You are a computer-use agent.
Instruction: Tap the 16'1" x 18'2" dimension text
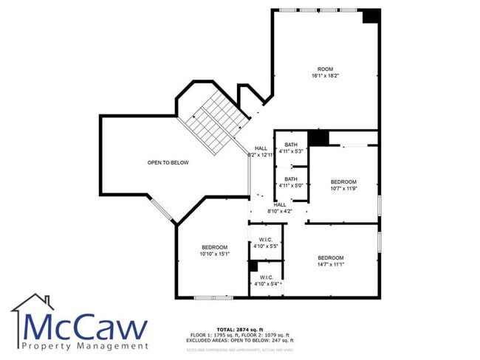(326, 75)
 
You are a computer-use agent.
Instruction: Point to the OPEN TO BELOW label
(168, 162)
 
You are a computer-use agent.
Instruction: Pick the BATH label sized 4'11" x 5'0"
(291, 179)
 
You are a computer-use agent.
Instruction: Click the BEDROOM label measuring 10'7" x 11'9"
(343, 181)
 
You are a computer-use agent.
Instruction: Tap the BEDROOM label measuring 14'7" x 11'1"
(332, 257)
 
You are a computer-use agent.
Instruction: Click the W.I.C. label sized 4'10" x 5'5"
(267, 239)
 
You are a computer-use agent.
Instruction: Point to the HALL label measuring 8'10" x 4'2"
(281, 205)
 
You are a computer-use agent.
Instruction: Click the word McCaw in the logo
(85, 327)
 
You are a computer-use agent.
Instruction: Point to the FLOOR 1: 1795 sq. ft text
(214, 335)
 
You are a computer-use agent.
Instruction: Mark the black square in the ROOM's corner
(371, 15)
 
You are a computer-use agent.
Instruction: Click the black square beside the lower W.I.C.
(253, 266)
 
